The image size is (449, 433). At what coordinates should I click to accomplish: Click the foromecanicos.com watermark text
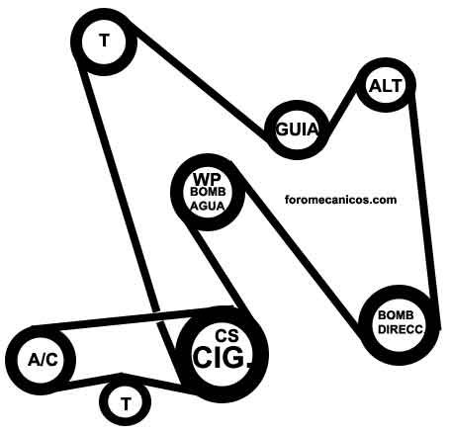coord(340,200)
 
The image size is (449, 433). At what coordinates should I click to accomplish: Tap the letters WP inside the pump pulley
coord(207,180)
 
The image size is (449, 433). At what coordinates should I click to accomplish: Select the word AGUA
coord(208,207)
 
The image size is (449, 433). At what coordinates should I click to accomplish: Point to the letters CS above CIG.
coord(226,336)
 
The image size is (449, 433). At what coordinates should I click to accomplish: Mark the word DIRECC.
coord(401,329)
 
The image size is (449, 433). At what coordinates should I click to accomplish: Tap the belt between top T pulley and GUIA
coord(201,82)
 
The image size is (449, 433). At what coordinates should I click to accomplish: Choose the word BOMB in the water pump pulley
coord(208,192)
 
